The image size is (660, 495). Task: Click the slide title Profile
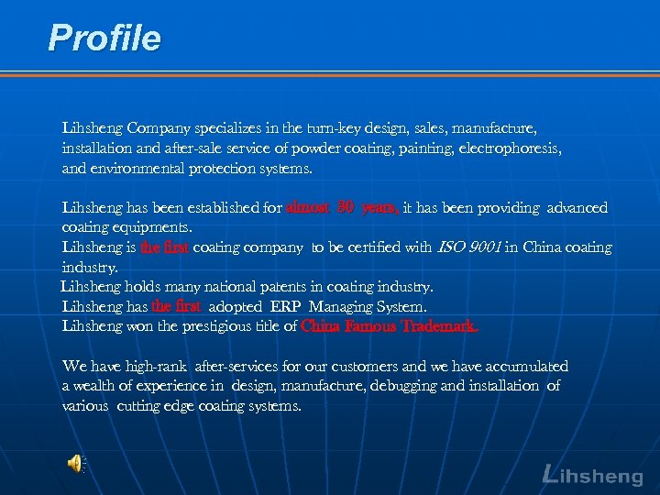click(x=104, y=38)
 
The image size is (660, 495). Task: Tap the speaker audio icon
click(x=74, y=465)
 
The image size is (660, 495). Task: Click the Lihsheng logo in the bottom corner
click(x=592, y=475)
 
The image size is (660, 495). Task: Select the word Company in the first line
click(x=157, y=127)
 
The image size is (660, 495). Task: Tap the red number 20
click(x=345, y=208)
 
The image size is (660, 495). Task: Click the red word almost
click(x=308, y=208)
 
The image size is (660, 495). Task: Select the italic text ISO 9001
click(x=468, y=247)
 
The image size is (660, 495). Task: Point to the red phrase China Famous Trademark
click(x=390, y=326)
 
